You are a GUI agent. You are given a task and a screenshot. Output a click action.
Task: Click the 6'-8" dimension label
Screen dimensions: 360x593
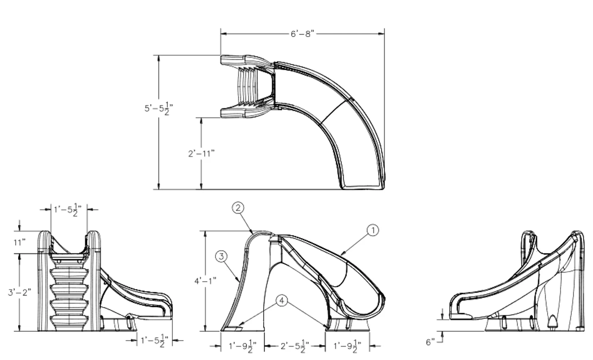click(303, 34)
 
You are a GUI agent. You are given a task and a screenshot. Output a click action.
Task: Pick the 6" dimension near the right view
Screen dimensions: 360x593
click(430, 342)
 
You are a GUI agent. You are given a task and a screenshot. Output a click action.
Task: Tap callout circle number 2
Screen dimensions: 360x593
click(237, 208)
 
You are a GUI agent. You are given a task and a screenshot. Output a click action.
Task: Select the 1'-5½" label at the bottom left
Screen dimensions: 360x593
click(154, 341)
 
